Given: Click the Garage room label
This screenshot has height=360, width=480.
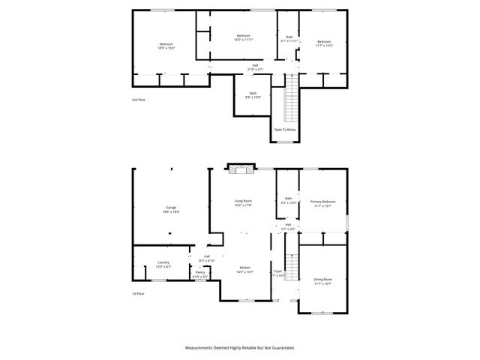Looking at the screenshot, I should click(172, 209).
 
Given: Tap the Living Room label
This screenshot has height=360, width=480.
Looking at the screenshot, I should click(243, 202).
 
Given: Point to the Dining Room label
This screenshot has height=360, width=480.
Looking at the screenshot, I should click(323, 281).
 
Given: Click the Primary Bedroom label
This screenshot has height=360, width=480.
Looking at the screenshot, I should click(323, 203).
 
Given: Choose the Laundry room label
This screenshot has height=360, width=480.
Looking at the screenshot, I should click(163, 264).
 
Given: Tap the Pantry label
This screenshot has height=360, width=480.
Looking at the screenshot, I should click(200, 274).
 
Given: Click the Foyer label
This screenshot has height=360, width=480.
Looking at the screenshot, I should click(277, 273).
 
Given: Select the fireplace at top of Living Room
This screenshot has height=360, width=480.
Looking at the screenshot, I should click(241, 171).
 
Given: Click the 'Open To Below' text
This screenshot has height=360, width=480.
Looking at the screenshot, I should click(285, 129).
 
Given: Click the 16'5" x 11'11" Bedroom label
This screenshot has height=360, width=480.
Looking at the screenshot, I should click(243, 37).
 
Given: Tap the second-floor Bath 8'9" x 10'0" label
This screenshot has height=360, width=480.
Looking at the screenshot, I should click(253, 95).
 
